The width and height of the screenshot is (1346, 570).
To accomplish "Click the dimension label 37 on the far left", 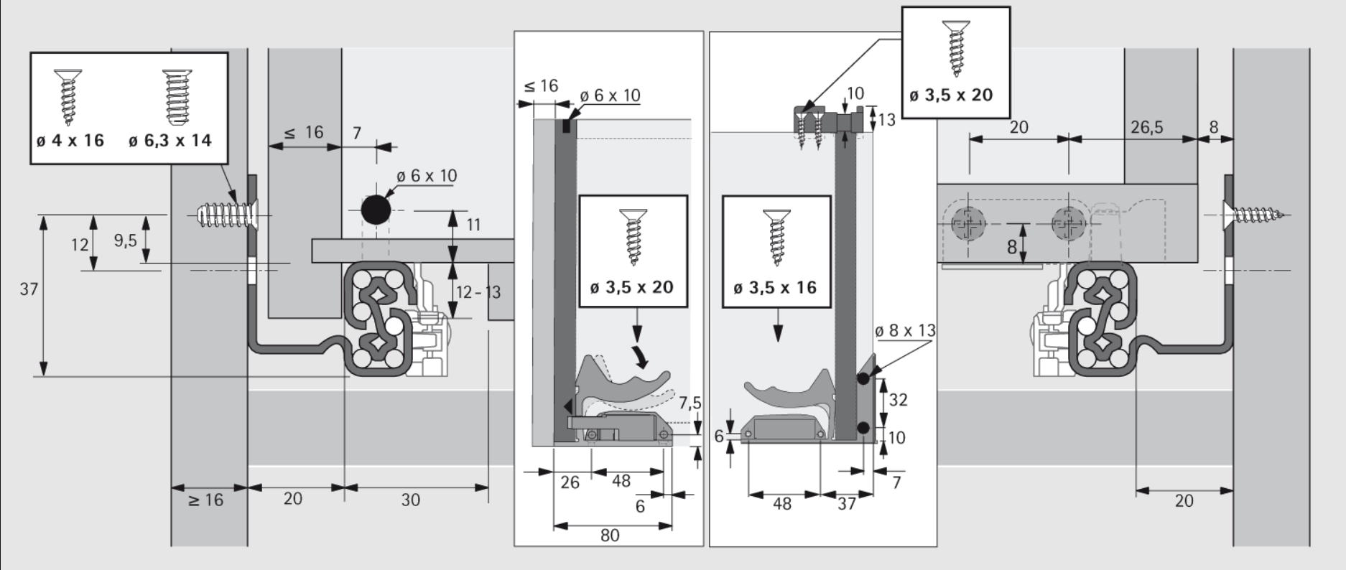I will (x=29, y=289).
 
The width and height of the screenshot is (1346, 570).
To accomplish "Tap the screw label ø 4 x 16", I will (x=70, y=140).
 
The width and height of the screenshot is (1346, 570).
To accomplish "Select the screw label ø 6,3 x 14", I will (x=170, y=140).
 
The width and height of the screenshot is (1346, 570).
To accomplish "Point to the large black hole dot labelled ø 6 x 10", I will (x=376, y=210).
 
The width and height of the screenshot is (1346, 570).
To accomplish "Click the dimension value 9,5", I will (x=125, y=240).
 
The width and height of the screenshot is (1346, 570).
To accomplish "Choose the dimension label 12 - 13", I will (x=478, y=292).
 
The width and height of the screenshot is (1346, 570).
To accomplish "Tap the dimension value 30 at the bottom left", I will (x=410, y=500).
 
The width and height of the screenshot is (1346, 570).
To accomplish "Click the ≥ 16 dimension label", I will (x=206, y=500).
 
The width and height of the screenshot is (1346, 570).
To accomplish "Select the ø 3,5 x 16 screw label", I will (x=775, y=288).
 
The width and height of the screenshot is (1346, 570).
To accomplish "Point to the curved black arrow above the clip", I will (x=639, y=353).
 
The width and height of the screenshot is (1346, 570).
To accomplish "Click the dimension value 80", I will (x=610, y=535).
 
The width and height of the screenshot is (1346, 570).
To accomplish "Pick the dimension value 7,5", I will (x=690, y=402).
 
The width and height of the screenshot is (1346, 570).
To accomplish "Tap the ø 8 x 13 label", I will (x=905, y=330).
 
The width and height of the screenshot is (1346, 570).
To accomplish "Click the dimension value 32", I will (x=898, y=399).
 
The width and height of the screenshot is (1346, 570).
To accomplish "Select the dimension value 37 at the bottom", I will (x=847, y=503).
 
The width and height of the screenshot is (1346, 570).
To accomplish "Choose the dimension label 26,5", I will (x=1146, y=127).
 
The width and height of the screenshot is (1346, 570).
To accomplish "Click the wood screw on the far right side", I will (x=1257, y=214).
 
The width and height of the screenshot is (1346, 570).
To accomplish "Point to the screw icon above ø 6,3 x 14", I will (x=172, y=95).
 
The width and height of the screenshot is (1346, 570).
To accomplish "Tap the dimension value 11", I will (x=473, y=225).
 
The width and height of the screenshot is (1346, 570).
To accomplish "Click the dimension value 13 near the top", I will (x=887, y=119).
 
